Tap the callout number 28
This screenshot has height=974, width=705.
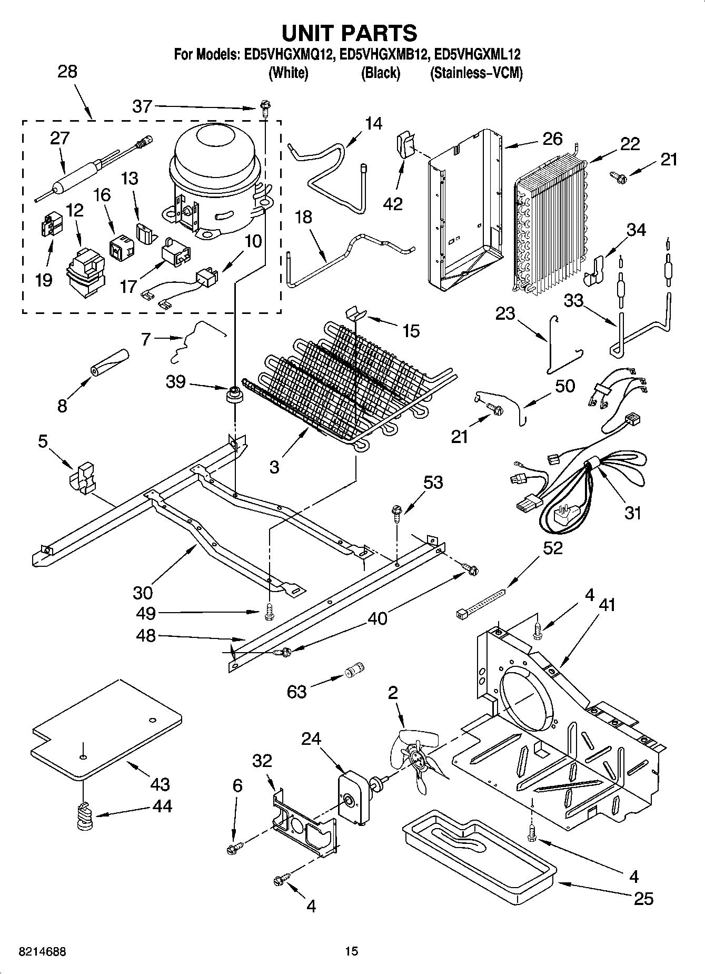tap(67, 72)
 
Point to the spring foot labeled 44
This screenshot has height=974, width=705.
tap(84, 821)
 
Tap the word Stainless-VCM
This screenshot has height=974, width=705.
tap(476, 73)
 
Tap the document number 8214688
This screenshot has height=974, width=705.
tap(42, 951)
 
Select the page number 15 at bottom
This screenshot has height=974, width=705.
tap(352, 951)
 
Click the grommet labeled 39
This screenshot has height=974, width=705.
tap(234, 394)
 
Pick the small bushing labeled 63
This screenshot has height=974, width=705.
tap(353, 671)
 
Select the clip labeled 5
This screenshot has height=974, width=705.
tap(82, 478)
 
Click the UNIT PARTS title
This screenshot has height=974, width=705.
tap(350, 33)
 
